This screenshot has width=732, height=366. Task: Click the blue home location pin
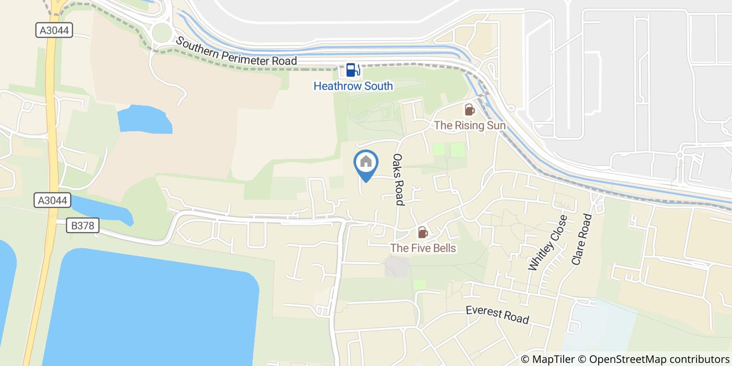(x=366, y=164)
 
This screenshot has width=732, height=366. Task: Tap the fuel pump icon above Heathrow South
(x=352, y=70)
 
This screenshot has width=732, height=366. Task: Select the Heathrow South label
(x=353, y=86)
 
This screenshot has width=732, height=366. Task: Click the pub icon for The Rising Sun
(x=469, y=110)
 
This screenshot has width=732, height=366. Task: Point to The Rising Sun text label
(x=470, y=125)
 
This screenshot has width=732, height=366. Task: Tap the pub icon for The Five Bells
(x=422, y=232)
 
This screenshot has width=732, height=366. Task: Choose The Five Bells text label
(x=423, y=248)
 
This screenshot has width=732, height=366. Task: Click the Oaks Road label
(x=399, y=179)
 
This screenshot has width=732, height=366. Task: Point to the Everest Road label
(x=497, y=315)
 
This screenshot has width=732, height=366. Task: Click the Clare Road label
(x=581, y=239)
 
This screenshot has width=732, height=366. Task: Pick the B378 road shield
(x=83, y=226)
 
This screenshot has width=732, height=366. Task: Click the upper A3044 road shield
(x=54, y=31)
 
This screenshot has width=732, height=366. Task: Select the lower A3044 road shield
(x=53, y=200)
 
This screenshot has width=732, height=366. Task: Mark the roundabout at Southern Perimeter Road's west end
(x=162, y=32)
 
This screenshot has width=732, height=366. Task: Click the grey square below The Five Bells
(x=397, y=267)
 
